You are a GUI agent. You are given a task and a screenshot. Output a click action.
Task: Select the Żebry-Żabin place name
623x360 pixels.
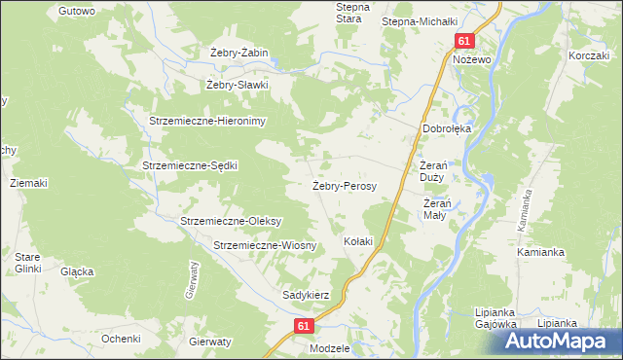point(238,53)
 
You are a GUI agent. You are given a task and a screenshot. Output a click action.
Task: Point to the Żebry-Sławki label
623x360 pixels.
point(237,85)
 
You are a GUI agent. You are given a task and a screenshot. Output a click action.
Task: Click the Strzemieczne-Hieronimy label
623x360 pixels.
point(213,121)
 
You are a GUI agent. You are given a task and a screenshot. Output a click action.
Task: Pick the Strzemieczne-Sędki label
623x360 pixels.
point(190,165)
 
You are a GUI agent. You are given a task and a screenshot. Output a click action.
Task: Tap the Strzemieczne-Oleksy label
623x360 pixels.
point(230,221)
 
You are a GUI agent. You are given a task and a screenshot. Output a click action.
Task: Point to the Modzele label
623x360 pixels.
point(328,347)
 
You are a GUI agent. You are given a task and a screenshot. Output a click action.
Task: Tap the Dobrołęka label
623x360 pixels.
point(446,127)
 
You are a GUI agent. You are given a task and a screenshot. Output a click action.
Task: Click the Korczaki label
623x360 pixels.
point(589,56)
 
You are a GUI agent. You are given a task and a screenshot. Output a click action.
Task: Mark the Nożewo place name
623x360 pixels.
point(470,59)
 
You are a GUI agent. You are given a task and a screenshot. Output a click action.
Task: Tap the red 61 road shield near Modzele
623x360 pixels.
point(305,327)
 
